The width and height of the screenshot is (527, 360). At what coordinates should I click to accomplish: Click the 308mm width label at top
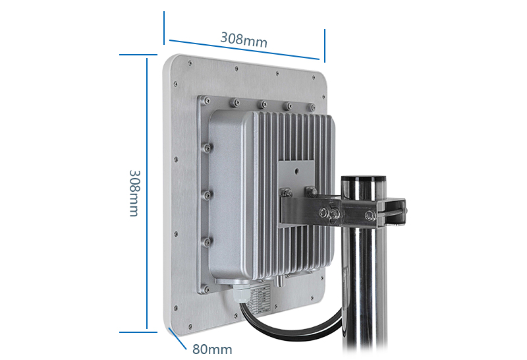coord(244,40)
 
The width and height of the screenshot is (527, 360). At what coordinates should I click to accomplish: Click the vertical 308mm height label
coord(134,193)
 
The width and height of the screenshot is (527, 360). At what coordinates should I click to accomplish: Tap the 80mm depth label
coord(212,349)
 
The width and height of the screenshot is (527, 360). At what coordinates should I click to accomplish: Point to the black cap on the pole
coord(364,179)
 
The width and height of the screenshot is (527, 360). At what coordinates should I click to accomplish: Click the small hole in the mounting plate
coord(297,171)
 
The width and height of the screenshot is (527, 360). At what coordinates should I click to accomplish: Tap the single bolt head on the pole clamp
coord(370,216)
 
